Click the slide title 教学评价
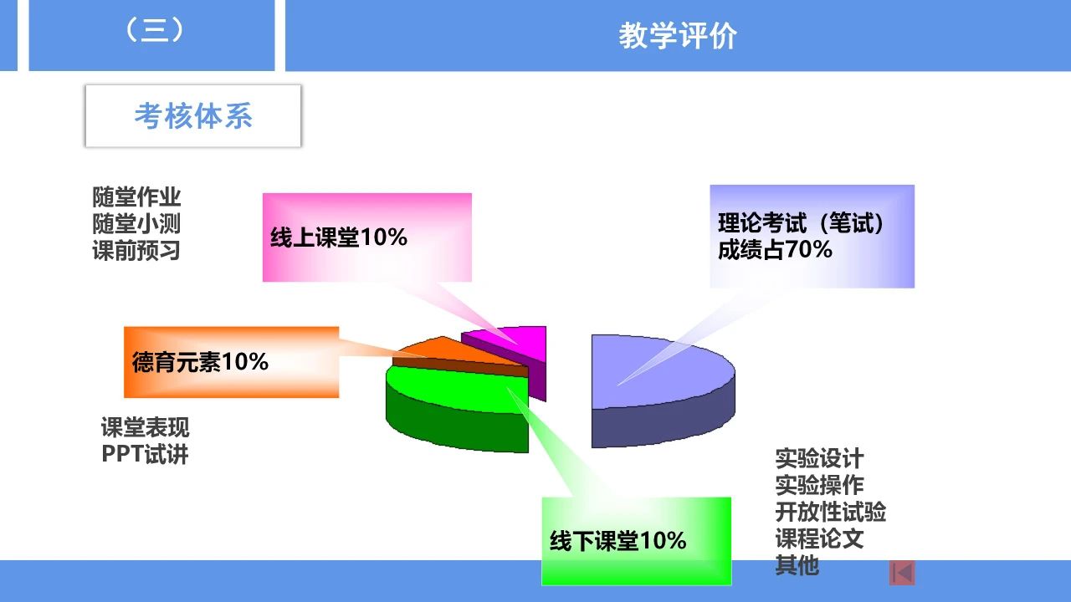[678, 36]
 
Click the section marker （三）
[154, 31]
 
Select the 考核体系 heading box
[193, 116]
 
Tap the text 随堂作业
[136, 196]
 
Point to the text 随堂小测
[136, 223]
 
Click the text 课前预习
[136, 250]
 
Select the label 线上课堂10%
[339, 237]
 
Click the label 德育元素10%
[200, 362]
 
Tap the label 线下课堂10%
[617, 541]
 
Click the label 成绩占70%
[775, 249]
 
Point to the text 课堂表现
[145, 427]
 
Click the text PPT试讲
[145, 454]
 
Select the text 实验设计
[819, 458]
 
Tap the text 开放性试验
[831, 512]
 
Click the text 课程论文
[819, 538]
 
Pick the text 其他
[797, 565]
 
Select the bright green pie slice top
[454, 388]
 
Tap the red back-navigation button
[902, 573]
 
